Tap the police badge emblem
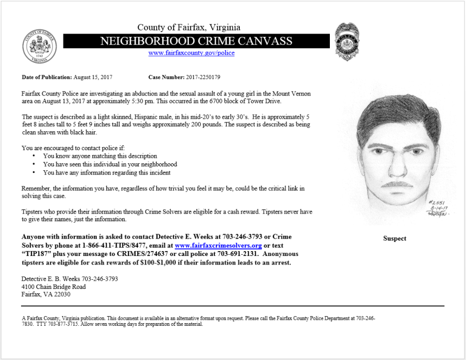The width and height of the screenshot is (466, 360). click(x=346, y=41)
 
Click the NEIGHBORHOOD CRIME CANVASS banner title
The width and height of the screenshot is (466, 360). click(x=196, y=41)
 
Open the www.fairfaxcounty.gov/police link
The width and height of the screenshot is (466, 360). click(x=191, y=53)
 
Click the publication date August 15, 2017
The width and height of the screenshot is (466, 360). click(x=93, y=77)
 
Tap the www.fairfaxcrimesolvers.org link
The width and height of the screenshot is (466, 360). click(x=219, y=246)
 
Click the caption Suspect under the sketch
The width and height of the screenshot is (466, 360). click(x=394, y=239)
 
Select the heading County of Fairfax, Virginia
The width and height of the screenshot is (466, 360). click(x=189, y=28)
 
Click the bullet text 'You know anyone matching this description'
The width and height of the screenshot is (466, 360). click(x=100, y=156)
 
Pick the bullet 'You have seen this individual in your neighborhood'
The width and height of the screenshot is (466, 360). click(x=110, y=164)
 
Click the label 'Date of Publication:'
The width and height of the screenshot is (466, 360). click(x=47, y=77)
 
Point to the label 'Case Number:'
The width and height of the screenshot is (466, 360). click(x=166, y=77)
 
